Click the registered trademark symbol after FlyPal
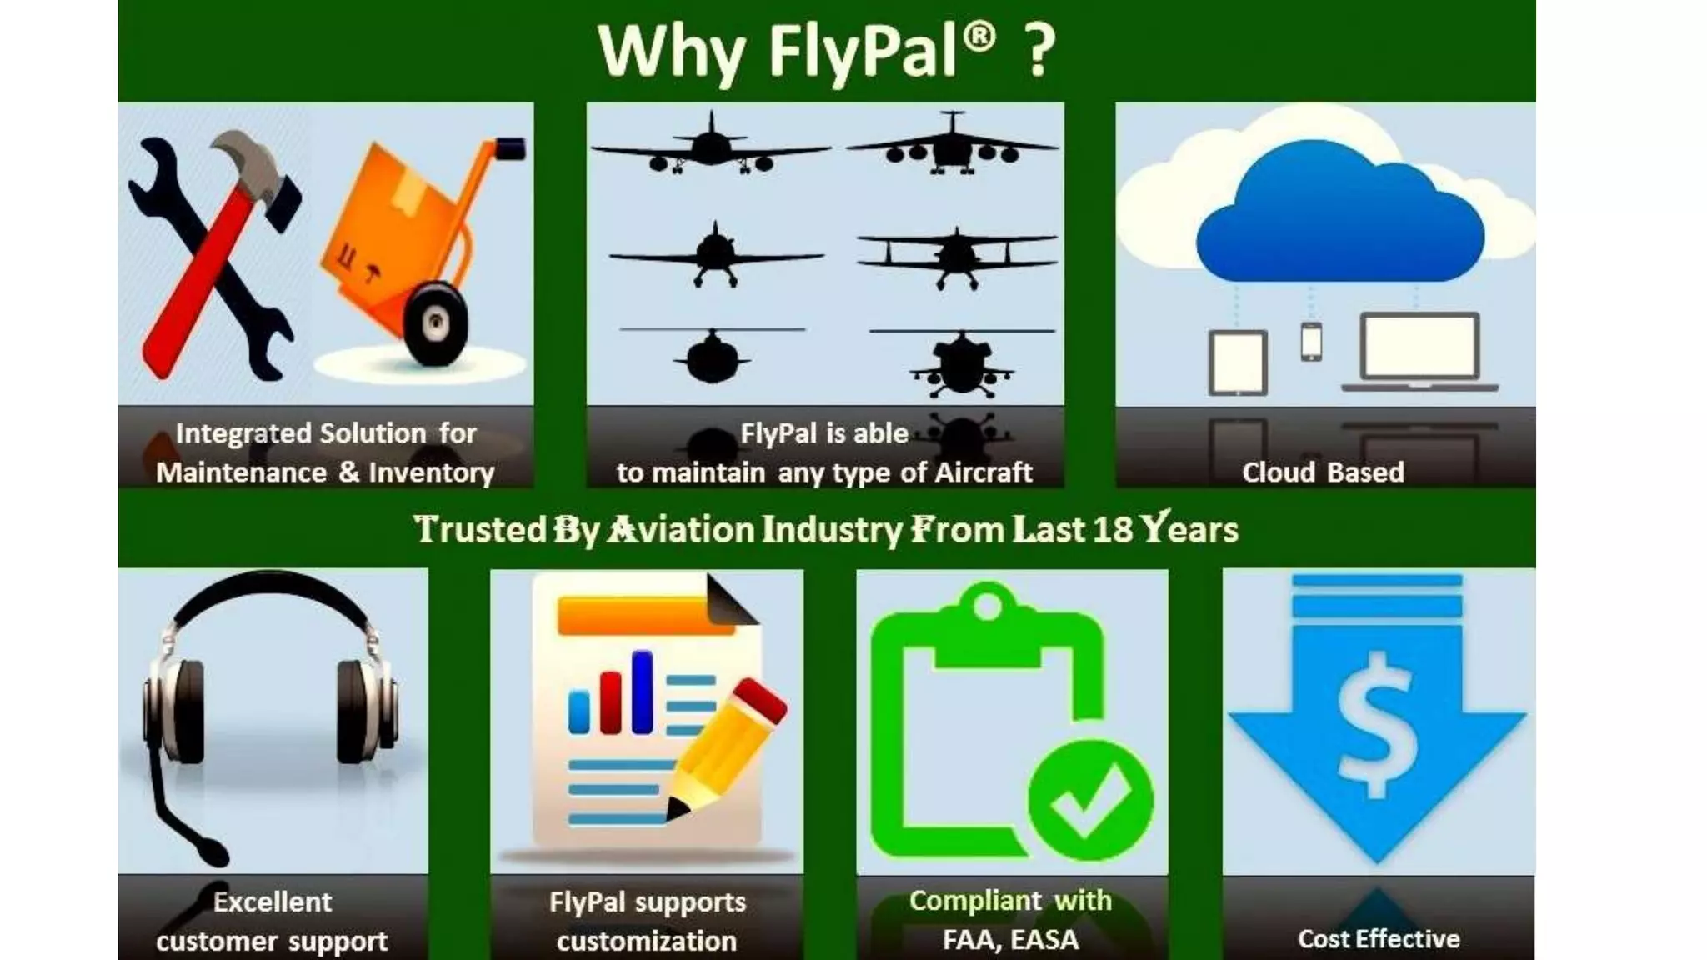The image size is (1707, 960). click(x=981, y=37)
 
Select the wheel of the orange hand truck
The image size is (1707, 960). click(x=435, y=323)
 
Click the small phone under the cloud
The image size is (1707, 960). click(x=1311, y=341)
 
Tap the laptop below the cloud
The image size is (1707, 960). click(x=1419, y=350)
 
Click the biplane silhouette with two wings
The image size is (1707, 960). click(x=957, y=253)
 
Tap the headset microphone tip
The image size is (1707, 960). click(x=212, y=852)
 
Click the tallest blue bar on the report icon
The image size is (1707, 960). click(x=642, y=692)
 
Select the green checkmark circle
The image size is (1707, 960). click(x=1090, y=799)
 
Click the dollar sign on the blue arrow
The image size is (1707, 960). click(x=1377, y=725)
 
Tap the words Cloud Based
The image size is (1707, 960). click(x=1323, y=472)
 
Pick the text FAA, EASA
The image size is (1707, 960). click(x=1010, y=940)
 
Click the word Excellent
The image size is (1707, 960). click(x=273, y=902)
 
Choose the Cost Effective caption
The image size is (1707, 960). click(x=1379, y=939)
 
